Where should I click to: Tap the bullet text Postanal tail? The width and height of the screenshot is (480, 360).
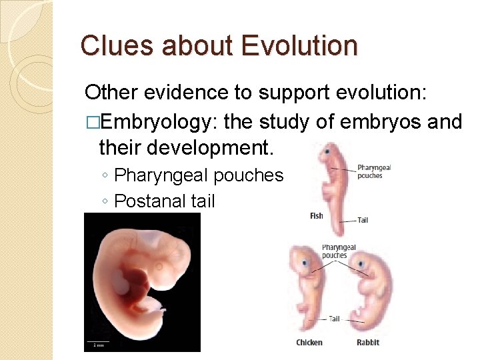[165, 200]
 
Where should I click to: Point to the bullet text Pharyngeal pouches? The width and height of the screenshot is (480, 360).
[199, 175]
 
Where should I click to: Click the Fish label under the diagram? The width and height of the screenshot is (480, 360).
[317, 216]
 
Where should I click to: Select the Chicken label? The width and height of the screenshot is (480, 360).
[309, 342]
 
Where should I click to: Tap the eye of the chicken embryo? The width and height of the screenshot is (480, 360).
[306, 263]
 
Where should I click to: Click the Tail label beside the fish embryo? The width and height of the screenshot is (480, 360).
[363, 220]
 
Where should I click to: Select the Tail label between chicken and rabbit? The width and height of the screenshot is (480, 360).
[335, 319]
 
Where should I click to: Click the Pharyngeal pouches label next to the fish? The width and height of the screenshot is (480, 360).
[374, 172]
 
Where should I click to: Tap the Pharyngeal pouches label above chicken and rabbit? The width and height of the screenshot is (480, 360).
[339, 251]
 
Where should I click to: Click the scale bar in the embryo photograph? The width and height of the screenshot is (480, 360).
[98, 345]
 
